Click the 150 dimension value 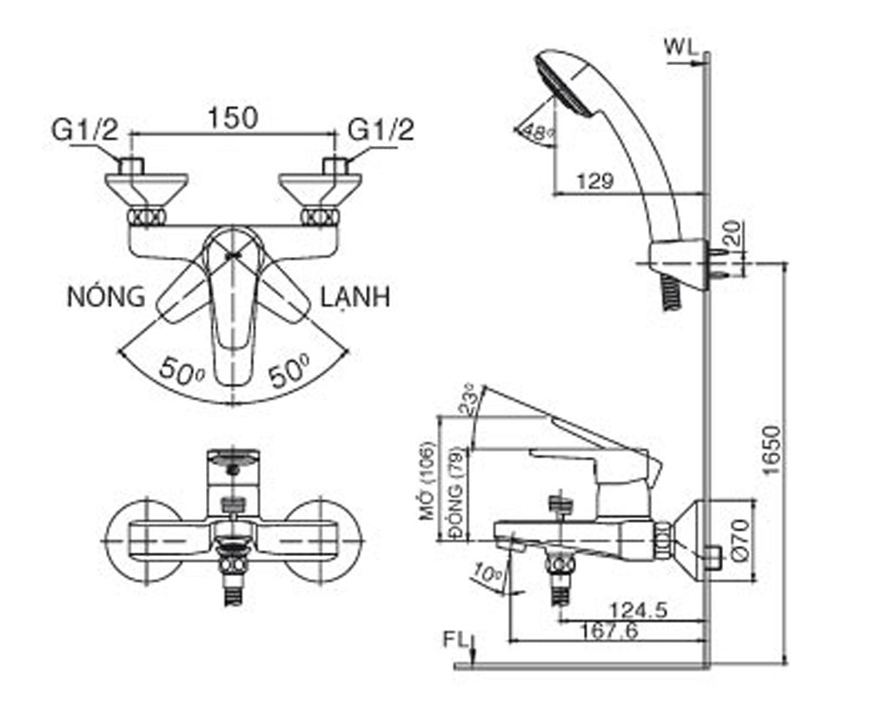233,118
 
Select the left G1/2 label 84,130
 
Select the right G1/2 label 381,130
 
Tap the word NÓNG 107,297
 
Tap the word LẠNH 355,297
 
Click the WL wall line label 682,48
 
